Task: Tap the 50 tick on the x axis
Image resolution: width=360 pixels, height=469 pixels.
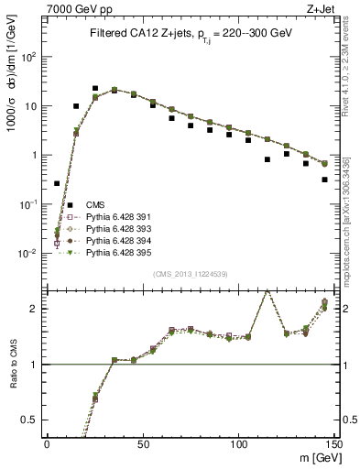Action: [x=142, y=444]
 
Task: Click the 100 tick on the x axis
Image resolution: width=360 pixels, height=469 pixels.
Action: [x=238, y=444]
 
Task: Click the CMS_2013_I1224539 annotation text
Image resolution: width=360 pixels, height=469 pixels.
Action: [x=190, y=275]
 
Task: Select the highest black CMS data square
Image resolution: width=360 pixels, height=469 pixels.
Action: [x=94, y=89]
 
